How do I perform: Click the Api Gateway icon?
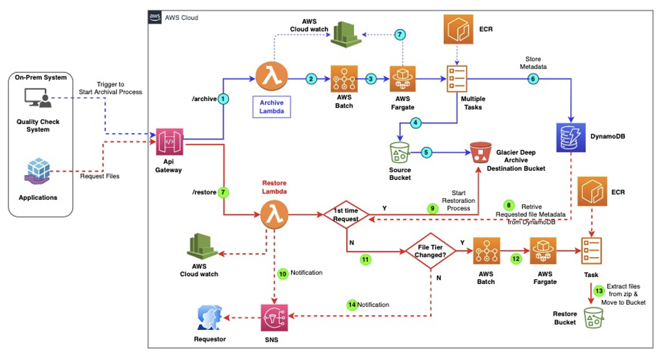coord(169,142)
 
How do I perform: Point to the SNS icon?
coord(274,318)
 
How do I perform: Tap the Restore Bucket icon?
coord(595,319)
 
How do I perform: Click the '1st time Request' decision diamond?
coord(346,214)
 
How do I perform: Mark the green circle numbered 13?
coord(598,291)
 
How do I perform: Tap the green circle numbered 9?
coord(433,208)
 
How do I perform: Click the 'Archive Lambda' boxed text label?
coord(272,106)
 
